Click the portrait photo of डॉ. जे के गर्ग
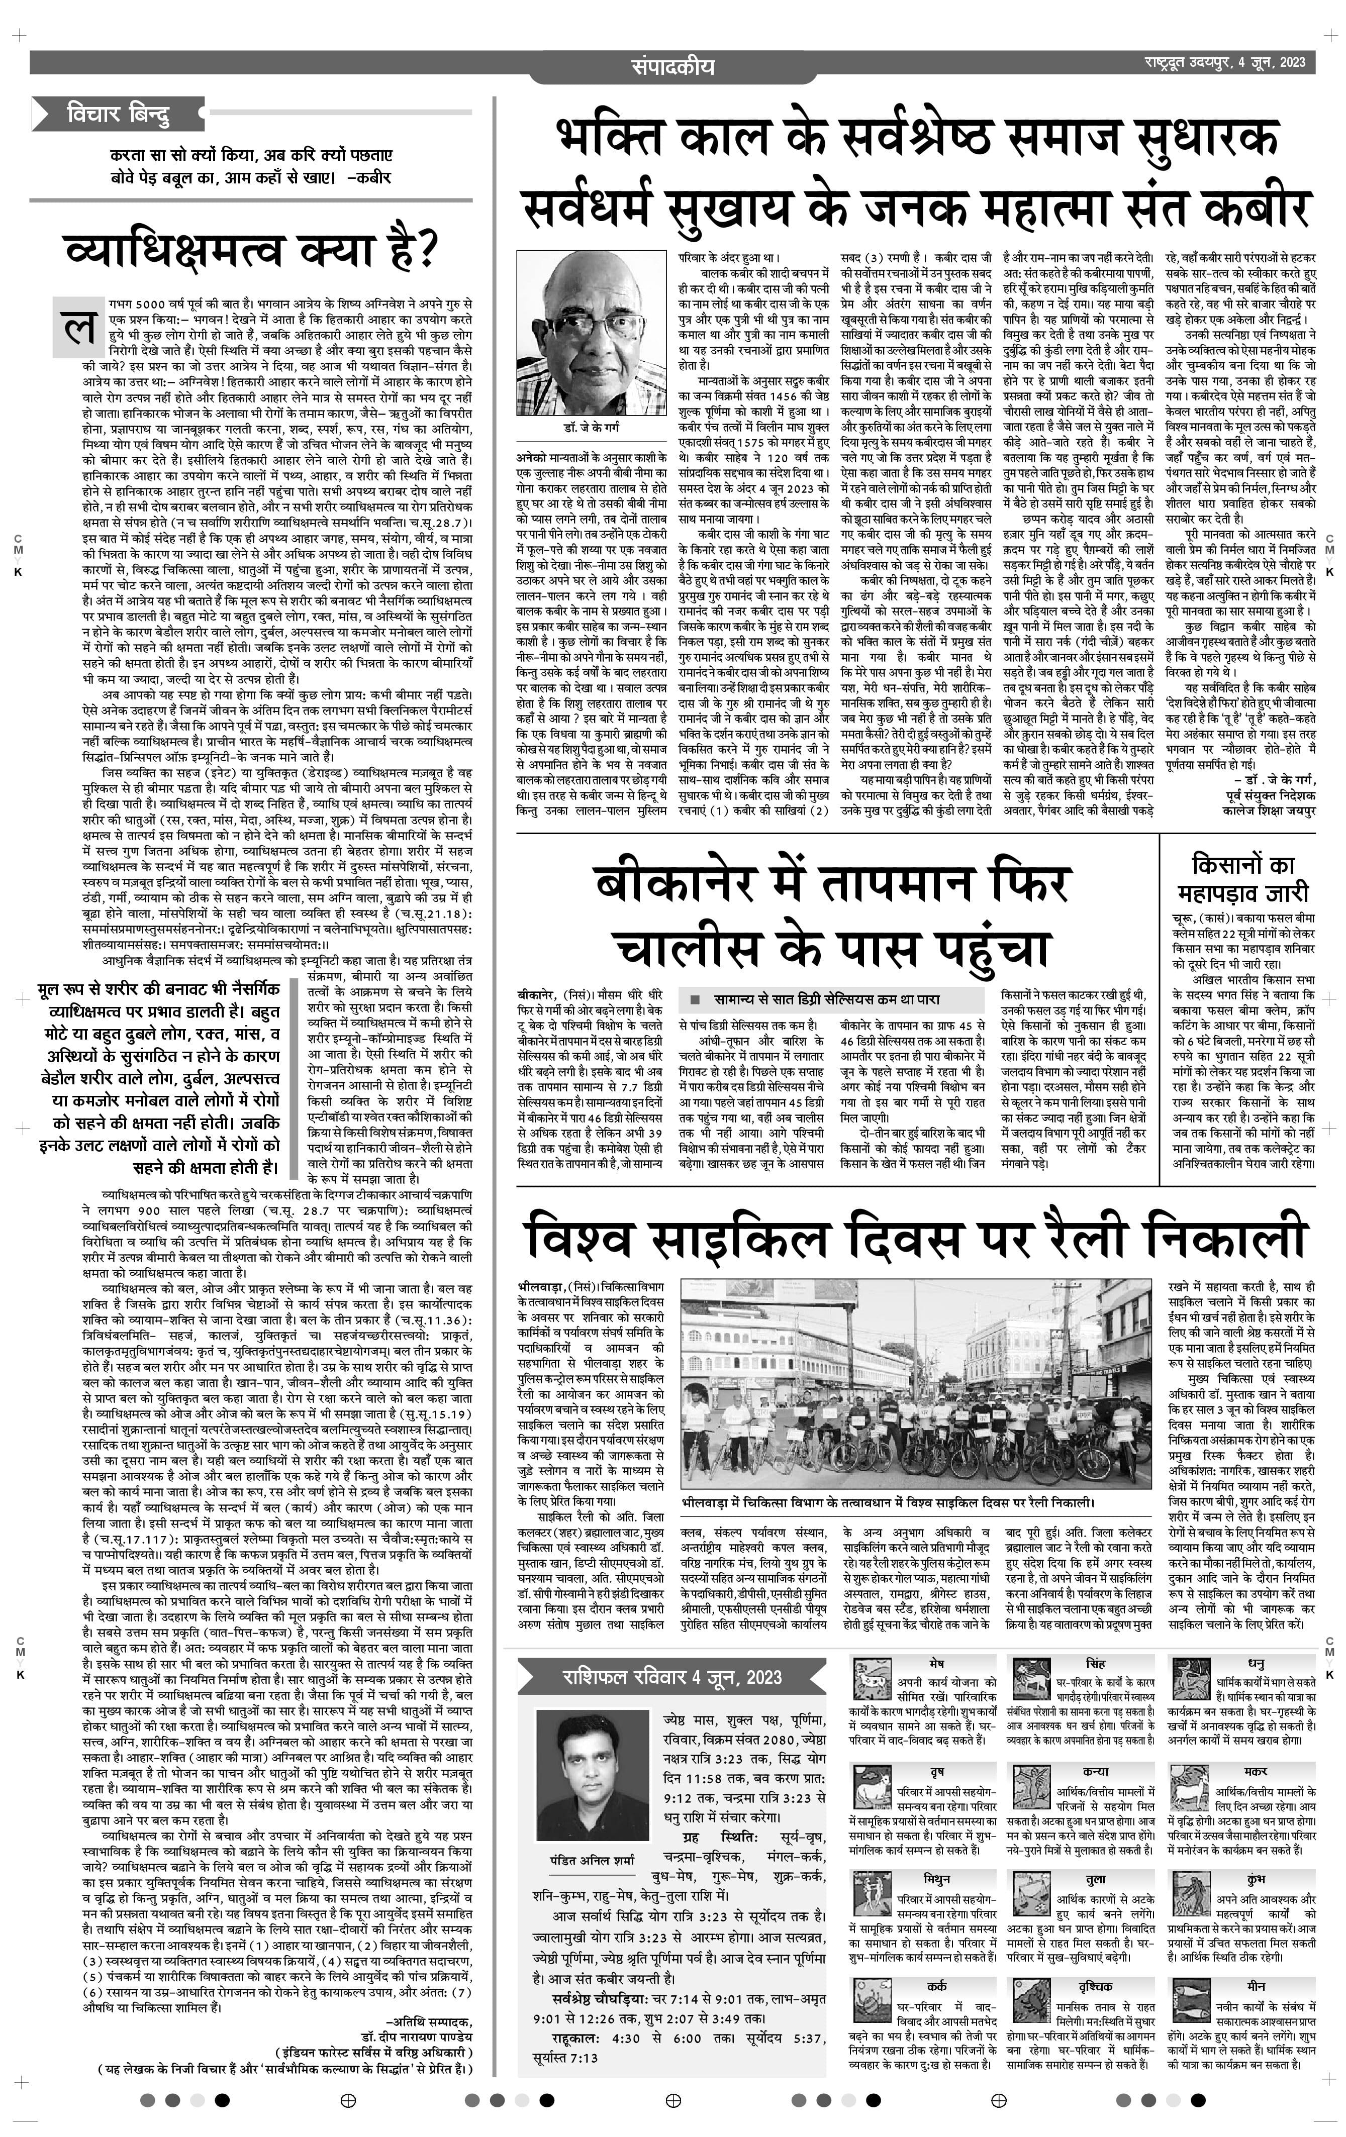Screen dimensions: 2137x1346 tap(590, 331)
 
